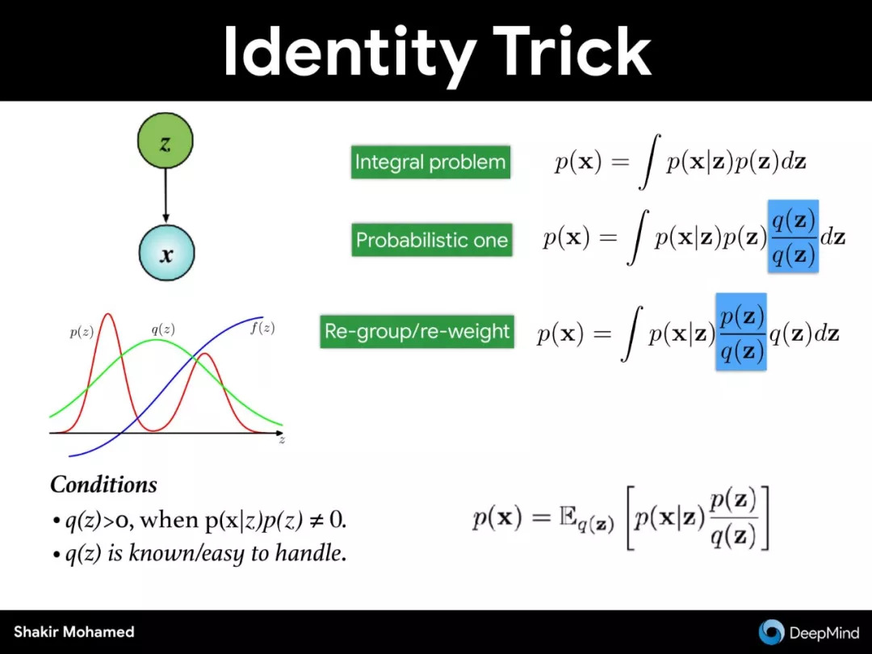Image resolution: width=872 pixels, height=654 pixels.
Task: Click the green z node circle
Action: click(x=166, y=141)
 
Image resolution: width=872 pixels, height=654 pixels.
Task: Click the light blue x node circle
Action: click(x=166, y=253)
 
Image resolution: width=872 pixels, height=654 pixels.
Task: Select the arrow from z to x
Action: click(x=166, y=195)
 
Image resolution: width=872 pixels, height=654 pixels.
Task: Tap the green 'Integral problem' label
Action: click(x=430, y=162)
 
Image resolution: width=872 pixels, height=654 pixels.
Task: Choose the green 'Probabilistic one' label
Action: click(x=431, y=241)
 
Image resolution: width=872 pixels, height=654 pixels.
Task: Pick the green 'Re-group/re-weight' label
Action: click(x=417, y=332)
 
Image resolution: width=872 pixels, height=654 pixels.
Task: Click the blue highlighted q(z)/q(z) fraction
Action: click(x=793, y=237)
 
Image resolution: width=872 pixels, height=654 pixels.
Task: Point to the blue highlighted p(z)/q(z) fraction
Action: click(x=741, y=332)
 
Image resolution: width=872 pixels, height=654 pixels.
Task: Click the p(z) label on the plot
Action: click(x=82, y=333)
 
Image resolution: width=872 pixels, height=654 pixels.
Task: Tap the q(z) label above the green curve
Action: click(x=163, y=329)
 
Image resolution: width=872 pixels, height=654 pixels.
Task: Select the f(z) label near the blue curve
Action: click(x=262, y=328)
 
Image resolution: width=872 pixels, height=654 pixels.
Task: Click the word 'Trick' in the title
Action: click(x=572, y=51)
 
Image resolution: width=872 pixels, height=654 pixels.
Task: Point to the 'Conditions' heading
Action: click(x=103, y=484)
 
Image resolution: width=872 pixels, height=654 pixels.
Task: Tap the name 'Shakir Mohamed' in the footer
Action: click(x=74, y=631)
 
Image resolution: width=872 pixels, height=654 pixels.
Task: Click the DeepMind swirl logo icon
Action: click(x=771, y=632)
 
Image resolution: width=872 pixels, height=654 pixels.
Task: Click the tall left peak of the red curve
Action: click(x=108, y=315)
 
